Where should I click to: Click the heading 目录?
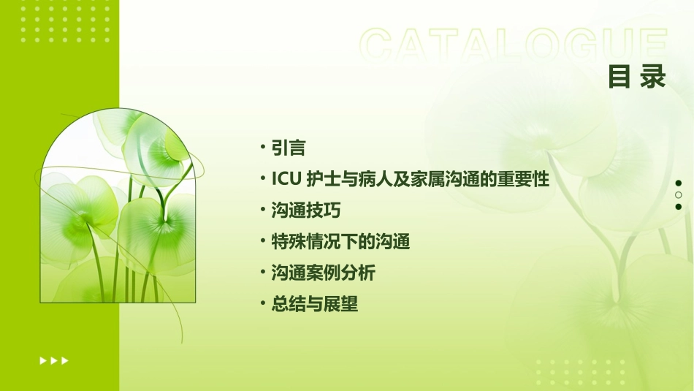click(637, 77)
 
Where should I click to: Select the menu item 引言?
click(288, 148)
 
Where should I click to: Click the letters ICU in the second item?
click(286, 179)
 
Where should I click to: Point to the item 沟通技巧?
click(305, 210)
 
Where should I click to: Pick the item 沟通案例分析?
click(323, 273)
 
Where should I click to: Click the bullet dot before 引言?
click(263, 148)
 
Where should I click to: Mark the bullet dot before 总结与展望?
click(263, 305)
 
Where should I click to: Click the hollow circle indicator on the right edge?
click(679, 195)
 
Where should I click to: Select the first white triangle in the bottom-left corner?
click(42, 360)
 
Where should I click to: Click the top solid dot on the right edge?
click(679, 183)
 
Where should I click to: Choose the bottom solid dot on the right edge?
click(679, 207)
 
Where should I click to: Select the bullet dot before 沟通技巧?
click(263, 210)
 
